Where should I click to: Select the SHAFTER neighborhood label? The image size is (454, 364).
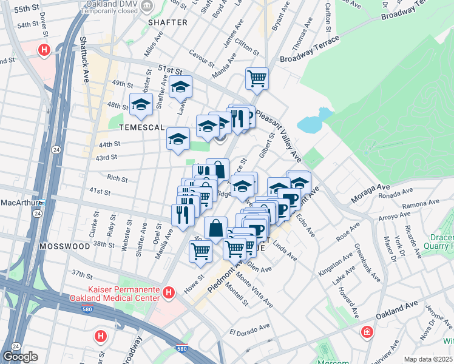pos(168,22)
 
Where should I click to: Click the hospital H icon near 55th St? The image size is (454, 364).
pos(44,50)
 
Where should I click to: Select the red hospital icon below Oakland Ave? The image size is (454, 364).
pos(367,332)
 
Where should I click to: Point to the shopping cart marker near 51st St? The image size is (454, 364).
pos(257,78)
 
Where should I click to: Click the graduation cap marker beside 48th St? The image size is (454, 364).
pos(141,104)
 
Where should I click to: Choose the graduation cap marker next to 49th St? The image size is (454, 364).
pos(181,87)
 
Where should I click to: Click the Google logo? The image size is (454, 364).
pos(20,357)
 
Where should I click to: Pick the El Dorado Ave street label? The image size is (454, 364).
pos(249,330)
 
